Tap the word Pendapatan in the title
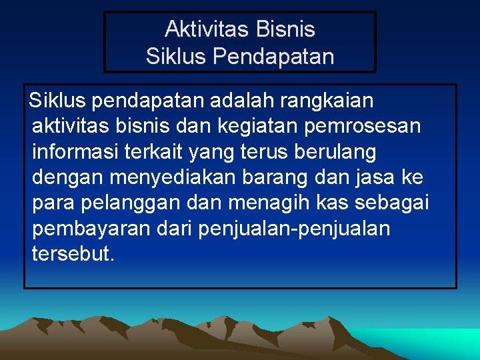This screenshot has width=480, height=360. [273, 57]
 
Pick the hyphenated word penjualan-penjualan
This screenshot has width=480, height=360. [294, 229]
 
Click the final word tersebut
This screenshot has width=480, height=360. [73, 254]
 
